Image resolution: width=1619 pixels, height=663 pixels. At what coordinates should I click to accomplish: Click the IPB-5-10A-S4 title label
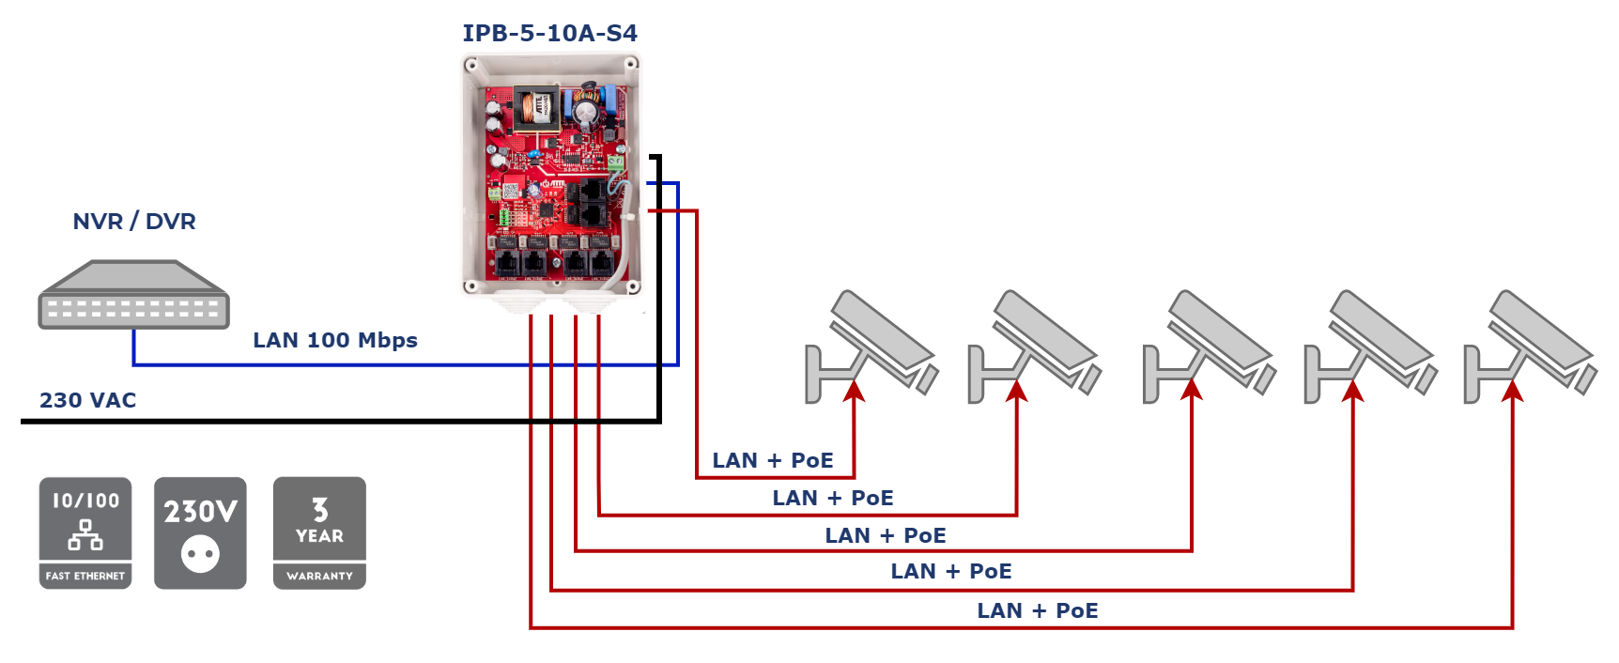coord(550,34)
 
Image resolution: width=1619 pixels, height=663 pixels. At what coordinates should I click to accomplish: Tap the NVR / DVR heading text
coord(134,222)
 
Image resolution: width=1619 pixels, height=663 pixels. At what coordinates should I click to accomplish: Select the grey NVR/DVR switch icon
coord(133,295)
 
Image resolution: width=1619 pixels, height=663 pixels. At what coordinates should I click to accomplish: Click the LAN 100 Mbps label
coord(335,340)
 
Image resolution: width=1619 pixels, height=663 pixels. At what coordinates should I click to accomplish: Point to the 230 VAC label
coord(87,400)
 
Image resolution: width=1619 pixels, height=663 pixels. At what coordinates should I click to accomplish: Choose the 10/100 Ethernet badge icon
coord(85,532)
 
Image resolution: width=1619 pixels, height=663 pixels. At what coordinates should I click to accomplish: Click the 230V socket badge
coord(200,532)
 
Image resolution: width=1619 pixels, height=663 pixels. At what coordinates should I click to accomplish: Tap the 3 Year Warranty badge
coord(319,532)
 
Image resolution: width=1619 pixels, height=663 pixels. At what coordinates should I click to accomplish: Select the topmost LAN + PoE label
coord(773,460)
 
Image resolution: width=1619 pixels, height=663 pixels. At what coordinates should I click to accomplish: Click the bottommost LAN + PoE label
coord(1038,610)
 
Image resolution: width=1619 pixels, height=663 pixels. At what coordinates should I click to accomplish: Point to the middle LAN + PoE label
coord(886,535)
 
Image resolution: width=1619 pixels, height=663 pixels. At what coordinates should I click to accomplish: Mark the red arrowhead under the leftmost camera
coord(854,389)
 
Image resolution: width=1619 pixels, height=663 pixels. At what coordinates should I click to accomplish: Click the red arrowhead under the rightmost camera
coord(1512,389)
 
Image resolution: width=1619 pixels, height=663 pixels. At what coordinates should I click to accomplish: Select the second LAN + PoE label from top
coord(833,498)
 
